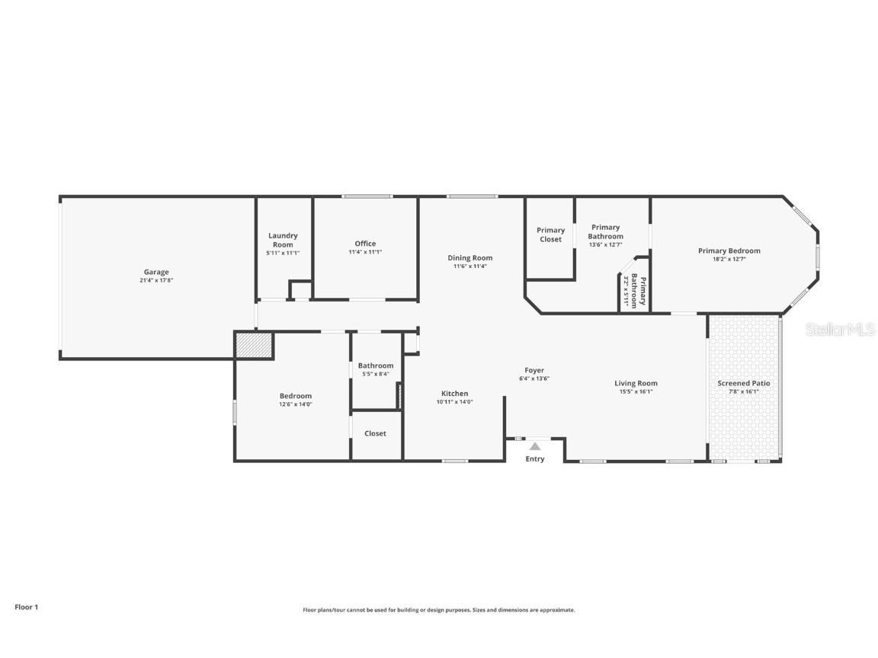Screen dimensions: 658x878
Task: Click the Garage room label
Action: click(x=156, y=272)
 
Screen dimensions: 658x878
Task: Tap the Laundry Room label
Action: click(x=283, y=240)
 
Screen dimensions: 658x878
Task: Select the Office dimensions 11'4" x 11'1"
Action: click(x=365, y=252)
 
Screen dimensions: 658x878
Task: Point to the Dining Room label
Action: click(x=470, y=257)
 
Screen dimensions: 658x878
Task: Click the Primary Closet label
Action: click(x=550, y=235)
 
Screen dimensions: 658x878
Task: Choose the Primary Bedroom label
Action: click(x=729, y=251)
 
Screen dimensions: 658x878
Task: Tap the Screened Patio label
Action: click(x=744, y=383)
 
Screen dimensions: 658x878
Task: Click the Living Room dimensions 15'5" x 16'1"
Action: click(x=636, y=391)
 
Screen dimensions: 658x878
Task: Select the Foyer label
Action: click(x=534, y=370)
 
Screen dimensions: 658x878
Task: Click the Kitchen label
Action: click(x=455, y=394)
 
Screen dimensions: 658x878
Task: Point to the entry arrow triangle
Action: click(x=535, y=446)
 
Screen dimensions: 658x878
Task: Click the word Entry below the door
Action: click(x=535, y=459)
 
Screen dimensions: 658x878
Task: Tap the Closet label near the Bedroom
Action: click(x=375, y=433)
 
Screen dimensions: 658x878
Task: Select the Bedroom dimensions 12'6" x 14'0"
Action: click(x=296, y=404)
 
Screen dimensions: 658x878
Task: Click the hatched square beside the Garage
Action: click(x=254, y=345)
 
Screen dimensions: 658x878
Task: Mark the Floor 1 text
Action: click(x=26, y=607)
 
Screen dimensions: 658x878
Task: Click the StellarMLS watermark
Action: click(x=840, y=330)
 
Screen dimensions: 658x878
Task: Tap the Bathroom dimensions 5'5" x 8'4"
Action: click(x=376, y=374)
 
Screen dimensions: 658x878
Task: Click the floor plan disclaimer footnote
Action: click(x=439, y=610)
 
